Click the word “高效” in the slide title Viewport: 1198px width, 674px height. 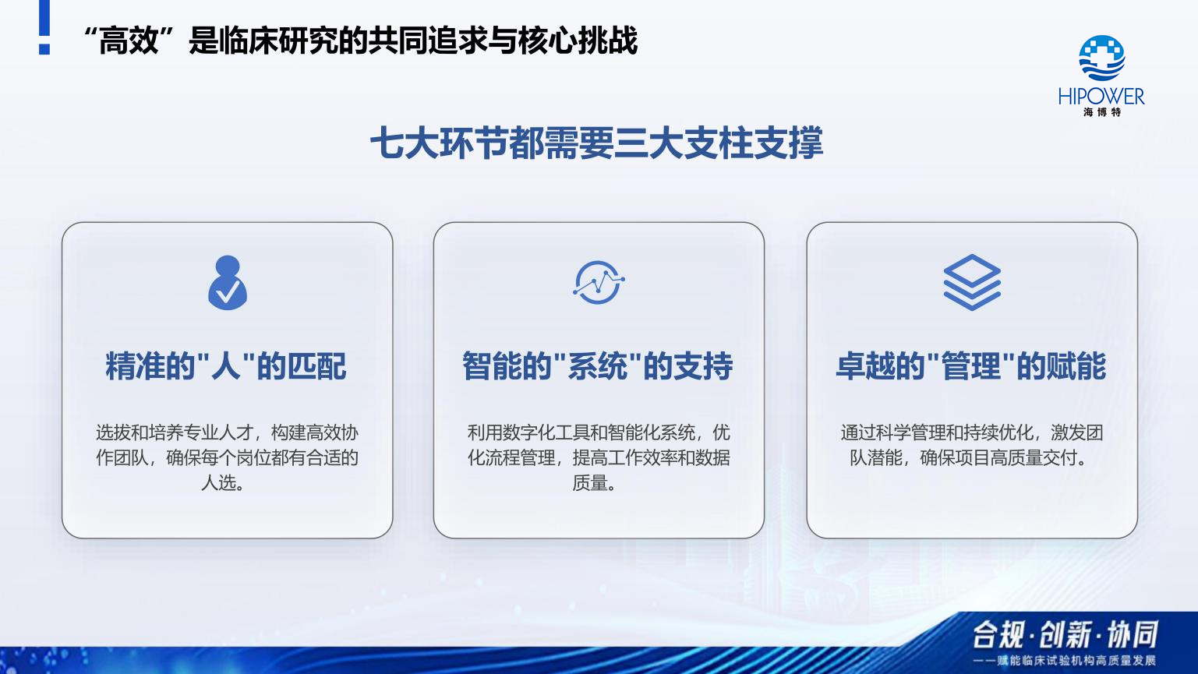point(129,41)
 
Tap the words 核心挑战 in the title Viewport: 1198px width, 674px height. point(578,41)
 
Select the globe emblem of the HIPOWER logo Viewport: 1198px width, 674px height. point(1101,58)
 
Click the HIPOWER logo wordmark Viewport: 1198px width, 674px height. point(1101,97)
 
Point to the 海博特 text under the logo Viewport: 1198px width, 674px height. point(1101,112)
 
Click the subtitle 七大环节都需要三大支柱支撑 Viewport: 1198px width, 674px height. point(597,143)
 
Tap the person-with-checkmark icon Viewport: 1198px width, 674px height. point(228,282)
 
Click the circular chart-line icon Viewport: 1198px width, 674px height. point(599,282)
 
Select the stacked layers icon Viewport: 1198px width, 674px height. point(972,282)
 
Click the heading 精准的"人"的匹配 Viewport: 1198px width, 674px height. point(226,366)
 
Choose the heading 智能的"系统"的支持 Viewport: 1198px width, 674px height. point(597,366)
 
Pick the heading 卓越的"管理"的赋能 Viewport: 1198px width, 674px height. point(970,366)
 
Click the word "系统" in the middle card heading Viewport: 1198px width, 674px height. point(597,366)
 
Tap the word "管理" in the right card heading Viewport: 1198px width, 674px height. point(970,366)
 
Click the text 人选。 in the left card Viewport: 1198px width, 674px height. point(223,482)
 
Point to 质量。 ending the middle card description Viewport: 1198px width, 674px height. point(595,482)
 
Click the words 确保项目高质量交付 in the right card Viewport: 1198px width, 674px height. point(998,457)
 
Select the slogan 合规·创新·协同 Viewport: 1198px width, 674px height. point(1064,635)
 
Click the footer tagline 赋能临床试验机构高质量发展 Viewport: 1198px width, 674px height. point(1076,661)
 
